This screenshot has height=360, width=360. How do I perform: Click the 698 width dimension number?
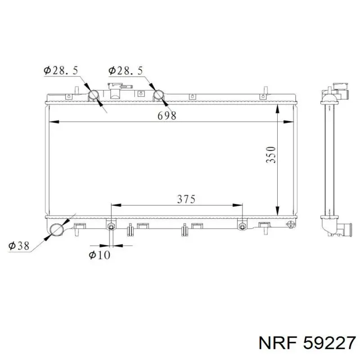point(167,116)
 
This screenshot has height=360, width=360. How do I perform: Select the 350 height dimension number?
point(271,154)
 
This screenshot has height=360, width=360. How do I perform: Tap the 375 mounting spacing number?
point(186,199)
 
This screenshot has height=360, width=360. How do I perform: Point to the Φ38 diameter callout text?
point(19,246)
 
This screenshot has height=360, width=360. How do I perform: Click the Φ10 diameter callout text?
point(99,255)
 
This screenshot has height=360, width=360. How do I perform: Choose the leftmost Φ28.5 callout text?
point(61,71)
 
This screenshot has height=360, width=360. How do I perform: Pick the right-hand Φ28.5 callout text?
point(126,71)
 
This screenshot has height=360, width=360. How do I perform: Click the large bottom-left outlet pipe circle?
point(57,229)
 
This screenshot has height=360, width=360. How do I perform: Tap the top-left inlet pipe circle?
point(94,95)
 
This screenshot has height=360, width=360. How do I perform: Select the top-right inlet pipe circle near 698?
point(159,95)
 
